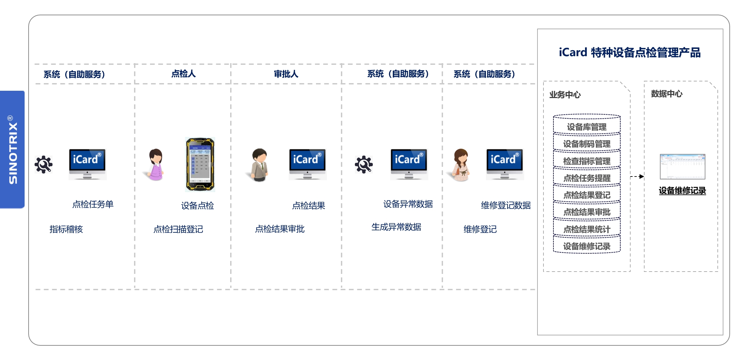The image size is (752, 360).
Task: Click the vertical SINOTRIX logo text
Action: (13, 150)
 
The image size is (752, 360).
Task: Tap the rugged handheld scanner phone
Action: (200, 165)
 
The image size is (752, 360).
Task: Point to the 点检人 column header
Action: (183, 73)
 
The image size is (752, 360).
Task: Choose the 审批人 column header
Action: (286, 74)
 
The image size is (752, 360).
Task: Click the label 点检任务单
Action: (93, 204)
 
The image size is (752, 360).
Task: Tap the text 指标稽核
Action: (66, 229)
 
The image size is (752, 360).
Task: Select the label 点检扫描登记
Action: (178, 229)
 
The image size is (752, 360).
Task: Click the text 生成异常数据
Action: (396, 227)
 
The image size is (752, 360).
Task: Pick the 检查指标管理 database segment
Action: (587, 161)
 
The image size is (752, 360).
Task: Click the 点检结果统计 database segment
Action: (587, 229)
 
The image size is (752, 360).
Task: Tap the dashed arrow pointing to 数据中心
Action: (637, 177)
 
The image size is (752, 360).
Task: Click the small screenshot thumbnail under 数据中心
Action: (682, 167)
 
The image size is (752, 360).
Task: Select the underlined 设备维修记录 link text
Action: (682, 190)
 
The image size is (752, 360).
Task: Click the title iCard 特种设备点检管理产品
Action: (630, 53)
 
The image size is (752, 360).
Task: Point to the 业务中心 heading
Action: (565, 95)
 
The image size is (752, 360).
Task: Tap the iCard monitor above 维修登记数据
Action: (505, 165)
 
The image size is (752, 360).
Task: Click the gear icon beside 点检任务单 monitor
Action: (44, 165)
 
